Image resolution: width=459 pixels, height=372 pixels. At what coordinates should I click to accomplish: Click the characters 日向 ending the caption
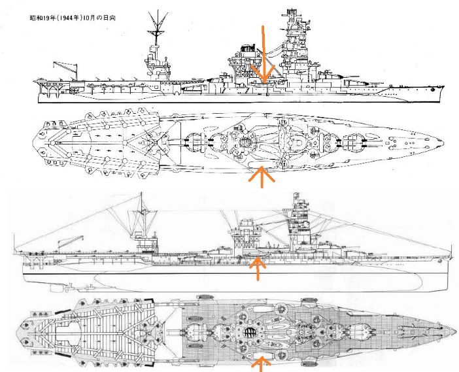click(110, 18)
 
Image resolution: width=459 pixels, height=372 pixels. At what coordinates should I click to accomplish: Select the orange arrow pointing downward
click(263, 55)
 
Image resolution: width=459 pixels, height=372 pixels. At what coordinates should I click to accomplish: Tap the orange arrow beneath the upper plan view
click(262, 177)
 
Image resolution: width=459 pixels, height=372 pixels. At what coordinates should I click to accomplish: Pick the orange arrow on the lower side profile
click(258, 268)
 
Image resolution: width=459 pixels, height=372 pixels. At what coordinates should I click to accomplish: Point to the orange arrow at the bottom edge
click(261, 364)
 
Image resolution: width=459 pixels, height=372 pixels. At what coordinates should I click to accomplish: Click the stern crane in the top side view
click(66, 70)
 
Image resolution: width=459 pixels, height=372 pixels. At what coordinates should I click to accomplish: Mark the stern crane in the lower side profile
click(71, 242)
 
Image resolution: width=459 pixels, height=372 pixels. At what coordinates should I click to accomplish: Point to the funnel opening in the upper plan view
click(244, 143)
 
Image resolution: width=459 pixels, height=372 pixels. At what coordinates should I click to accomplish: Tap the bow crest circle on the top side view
click(433, 90)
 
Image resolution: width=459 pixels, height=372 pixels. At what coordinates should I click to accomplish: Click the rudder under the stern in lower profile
click(55, 288)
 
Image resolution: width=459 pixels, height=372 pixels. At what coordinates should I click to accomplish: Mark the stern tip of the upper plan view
click(33, 143)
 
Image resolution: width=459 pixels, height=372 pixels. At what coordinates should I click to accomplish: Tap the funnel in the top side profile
click(246, 54)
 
